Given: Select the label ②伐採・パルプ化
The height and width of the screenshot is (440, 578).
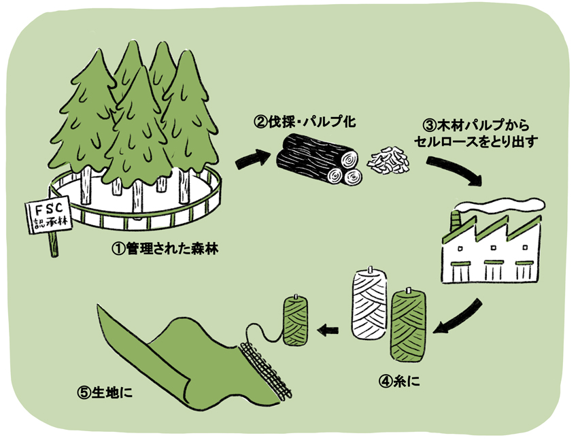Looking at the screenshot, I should (305, 122).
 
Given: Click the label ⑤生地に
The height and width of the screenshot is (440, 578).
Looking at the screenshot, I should (104, 392).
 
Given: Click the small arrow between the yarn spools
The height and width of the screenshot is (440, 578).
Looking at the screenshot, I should (328, 331).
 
